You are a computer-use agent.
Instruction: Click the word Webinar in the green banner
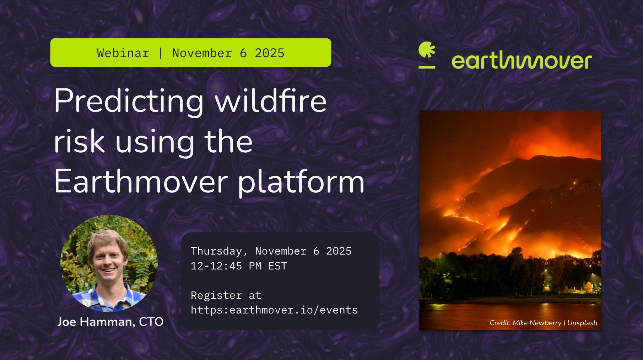123,53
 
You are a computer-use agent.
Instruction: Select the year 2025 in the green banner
270,53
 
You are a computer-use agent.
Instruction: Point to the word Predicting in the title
129,102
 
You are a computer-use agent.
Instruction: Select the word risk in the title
79,142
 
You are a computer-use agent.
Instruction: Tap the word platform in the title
301,182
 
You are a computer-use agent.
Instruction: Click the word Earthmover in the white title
141,181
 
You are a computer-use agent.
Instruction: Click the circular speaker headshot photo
109,263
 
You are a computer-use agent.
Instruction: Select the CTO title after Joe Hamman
151,322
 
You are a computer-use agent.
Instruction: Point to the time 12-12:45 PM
226,266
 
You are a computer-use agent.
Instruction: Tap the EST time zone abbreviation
277,266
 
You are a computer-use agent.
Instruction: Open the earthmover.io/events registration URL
274,310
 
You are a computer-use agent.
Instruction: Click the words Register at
226,295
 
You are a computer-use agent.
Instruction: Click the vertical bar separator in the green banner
161,53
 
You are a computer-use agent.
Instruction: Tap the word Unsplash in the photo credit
582,323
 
